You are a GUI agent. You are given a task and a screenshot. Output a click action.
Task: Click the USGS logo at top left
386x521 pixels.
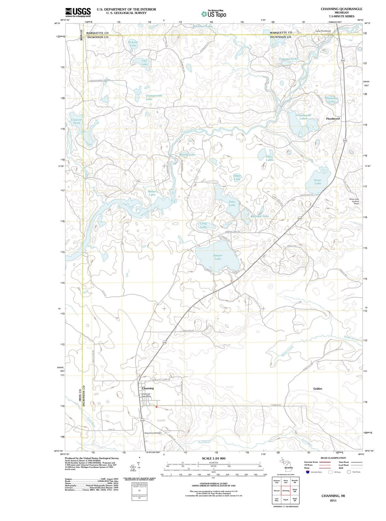click(x=78, y=12)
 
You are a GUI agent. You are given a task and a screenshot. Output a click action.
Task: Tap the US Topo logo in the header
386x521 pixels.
click(x=214, y=14)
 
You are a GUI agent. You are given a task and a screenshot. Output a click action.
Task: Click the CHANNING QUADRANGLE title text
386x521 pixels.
click(x=341, y=9)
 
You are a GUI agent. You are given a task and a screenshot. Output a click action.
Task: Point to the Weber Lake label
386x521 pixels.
click(x=152, y=193)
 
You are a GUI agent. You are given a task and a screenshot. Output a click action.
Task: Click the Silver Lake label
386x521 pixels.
click(x=318, y=181)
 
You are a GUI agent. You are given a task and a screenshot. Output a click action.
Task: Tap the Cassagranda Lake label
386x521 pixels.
click(x=149, y=97)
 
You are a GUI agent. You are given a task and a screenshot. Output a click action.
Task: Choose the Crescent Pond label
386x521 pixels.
click(x=77, y=121)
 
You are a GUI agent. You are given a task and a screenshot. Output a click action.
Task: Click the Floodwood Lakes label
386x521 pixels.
click(x=304, y=117)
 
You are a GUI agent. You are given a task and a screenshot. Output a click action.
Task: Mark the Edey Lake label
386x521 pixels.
click(x=232, y=203)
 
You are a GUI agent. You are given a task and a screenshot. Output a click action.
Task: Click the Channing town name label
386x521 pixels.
click(x=148, y=388)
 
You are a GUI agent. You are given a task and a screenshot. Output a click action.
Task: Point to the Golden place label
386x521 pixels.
click(x=318, y=388)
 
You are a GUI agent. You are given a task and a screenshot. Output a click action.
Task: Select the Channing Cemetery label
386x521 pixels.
click(x=155, y=433)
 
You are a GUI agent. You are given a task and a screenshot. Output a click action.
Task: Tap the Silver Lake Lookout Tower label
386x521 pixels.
click(x=354, y=201)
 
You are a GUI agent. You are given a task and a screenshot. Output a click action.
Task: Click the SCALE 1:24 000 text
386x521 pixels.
click(x=214, y=458)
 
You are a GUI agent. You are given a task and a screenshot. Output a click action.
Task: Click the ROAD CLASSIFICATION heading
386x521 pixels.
click(x=334, y=458)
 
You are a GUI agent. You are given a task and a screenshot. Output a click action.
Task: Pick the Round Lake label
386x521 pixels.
click(x=187, y=154)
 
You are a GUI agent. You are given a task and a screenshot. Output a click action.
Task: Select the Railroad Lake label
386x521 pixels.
click(x=260, y=216)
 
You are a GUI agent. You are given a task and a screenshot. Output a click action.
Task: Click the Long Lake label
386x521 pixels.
click(x=203, y=225)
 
